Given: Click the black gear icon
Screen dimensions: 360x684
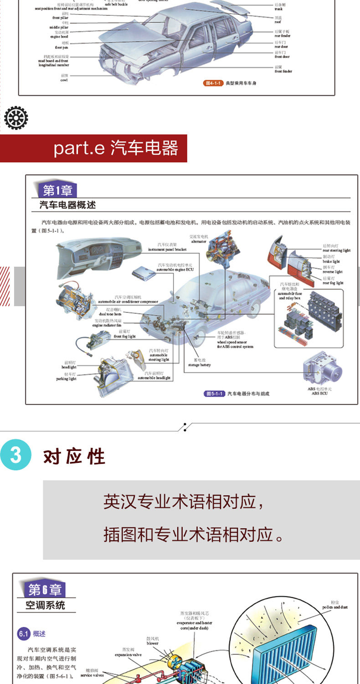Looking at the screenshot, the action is (16, 117).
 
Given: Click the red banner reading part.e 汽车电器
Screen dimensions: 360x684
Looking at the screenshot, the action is (93, 148).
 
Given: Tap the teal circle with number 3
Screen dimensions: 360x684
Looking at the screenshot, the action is (16, 456).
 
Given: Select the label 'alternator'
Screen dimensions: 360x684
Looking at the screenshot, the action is (199, 242).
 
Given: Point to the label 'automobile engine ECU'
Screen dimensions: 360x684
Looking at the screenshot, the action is (175, 269).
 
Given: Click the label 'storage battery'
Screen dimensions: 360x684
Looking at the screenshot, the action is (199, 365).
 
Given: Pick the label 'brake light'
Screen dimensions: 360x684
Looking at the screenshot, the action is (331, 262).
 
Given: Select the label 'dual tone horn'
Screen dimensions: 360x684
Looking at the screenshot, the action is (111, 314).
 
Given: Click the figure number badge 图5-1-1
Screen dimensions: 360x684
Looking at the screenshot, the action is (214, 393).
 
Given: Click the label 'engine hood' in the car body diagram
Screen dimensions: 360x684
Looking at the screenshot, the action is (59, 36).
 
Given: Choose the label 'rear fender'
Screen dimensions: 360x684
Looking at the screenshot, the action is (282, 36).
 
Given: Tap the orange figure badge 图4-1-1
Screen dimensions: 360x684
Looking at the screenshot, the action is (213, 84).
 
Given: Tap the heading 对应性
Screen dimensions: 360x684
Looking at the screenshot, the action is (74, 456).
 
